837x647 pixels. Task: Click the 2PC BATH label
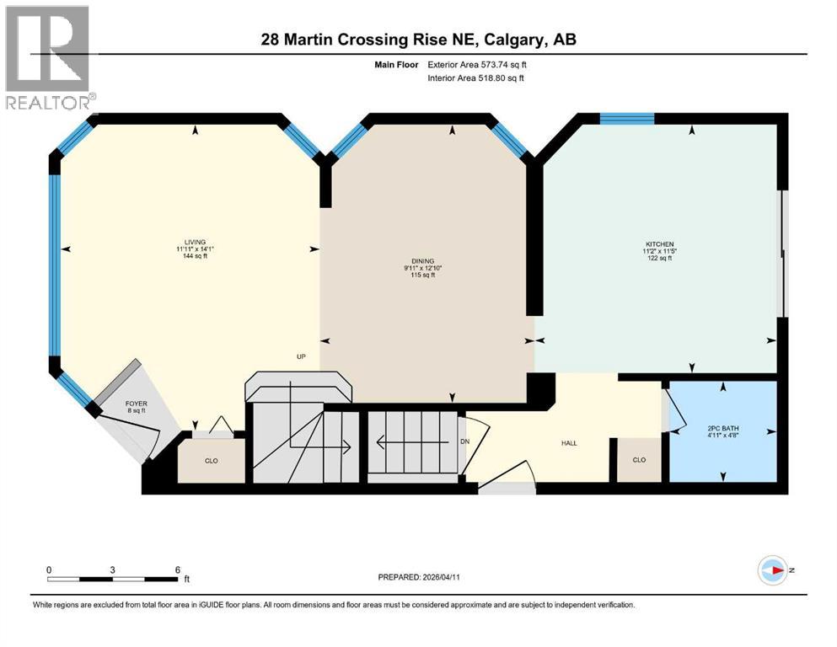[x=723, y=428]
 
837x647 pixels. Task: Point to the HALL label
[x=570, y=443]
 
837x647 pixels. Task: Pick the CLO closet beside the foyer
[x=212, y=461]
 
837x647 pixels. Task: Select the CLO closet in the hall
[x=639, y=460]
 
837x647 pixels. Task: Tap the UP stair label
[x=300, y=356]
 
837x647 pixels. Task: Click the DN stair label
[x=464, y=441]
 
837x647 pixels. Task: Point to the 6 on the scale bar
[x=177, y=569]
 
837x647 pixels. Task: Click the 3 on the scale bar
[x=112, y=569]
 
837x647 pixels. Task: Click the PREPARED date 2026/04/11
[x=459, y=577]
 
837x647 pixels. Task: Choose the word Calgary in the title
[x=520, y=40]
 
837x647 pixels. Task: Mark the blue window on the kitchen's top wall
[x=626, y=119]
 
